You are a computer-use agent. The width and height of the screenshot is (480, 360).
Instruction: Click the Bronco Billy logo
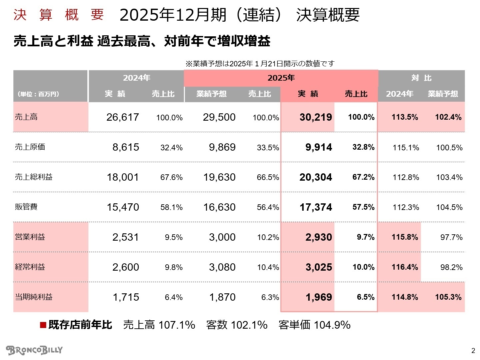pos(34,350)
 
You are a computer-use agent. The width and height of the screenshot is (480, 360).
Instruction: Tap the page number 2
pos(473,350)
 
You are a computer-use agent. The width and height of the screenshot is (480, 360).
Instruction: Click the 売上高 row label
pos(26,117)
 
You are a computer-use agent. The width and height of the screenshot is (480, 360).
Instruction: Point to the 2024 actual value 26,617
pos(122,117)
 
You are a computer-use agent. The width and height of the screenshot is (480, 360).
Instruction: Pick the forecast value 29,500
pos(219,117)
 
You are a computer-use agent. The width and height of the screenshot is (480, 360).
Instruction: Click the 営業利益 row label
pos(30,237)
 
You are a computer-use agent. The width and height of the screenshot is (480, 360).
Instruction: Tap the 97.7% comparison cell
pos(451,237)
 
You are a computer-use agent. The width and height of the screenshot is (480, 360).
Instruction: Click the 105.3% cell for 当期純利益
pos(448,297)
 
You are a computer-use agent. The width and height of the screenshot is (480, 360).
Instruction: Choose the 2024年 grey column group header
pos(136,78)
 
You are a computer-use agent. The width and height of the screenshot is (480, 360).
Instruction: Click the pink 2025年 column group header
pos(281,78)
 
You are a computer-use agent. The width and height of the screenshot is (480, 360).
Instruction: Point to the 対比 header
pos(421,78)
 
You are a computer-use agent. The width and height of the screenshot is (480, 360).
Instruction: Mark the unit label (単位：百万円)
pos(38,94)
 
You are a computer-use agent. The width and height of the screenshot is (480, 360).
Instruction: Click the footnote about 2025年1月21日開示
pos(260,63)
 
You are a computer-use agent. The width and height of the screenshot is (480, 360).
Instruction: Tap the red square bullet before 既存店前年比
pos(43,325)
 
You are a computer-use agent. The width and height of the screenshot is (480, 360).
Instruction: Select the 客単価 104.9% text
pos(314,325)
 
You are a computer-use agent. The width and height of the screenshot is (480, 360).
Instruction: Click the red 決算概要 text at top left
pos(59,15)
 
